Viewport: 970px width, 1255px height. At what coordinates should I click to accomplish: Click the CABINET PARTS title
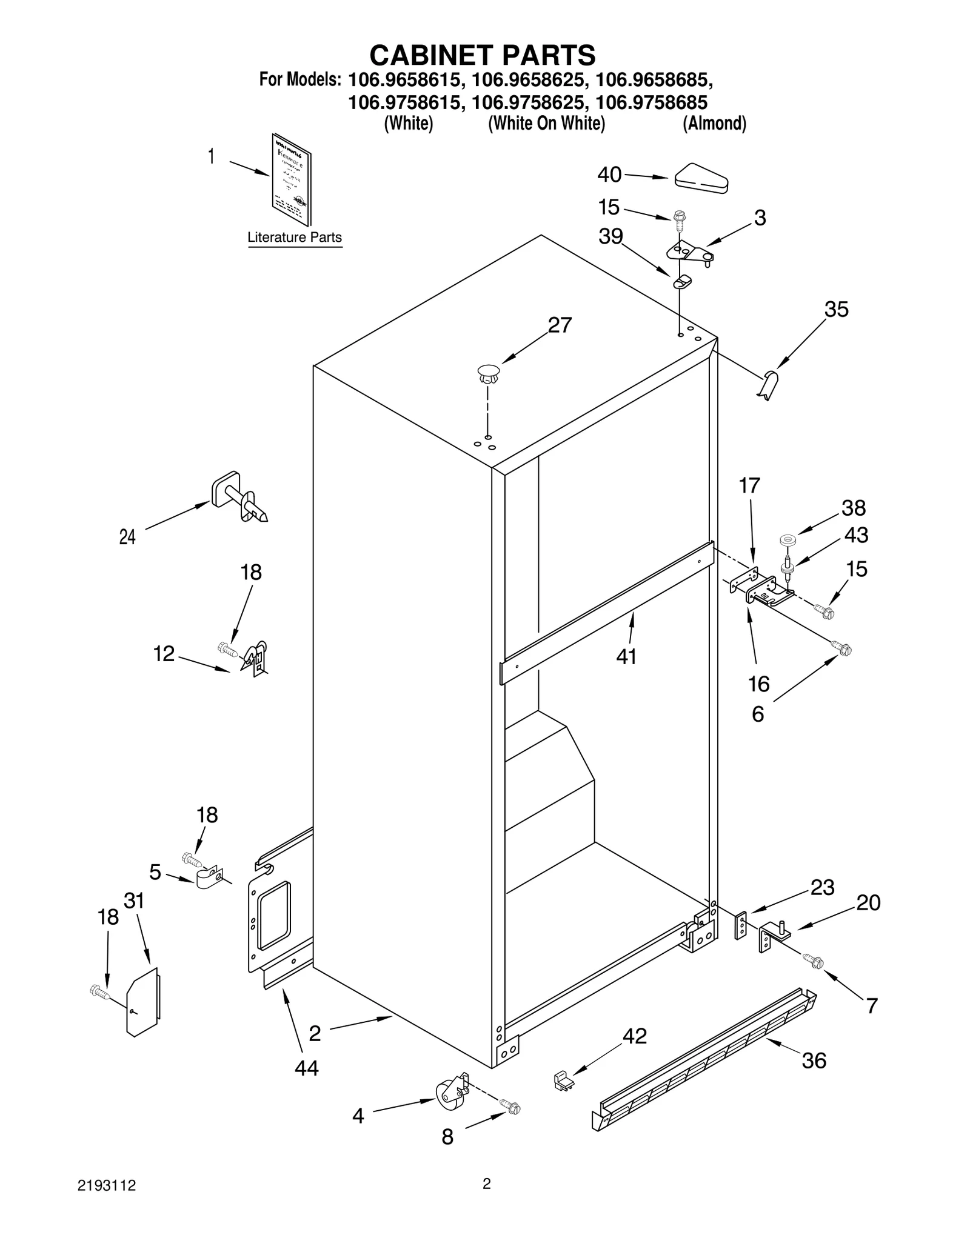click(x=483, y=55)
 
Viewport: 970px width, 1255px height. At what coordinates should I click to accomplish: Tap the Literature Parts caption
click(x=295, y=238)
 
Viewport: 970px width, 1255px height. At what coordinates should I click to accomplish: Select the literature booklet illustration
click(x=292, y=180)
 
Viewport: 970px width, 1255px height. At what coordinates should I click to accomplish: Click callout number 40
click(x=609, y=175)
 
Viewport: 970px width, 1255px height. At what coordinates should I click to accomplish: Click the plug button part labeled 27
click(x=488, y=374)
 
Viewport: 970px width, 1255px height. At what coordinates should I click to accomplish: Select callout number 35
click(x=836, y=310)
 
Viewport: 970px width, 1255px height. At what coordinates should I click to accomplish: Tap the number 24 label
click(x=127, y=537)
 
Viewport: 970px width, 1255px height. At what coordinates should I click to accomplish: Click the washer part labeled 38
click(x=788, y=538)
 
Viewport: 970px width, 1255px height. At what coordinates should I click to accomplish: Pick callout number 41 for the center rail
click(x=626, y=656)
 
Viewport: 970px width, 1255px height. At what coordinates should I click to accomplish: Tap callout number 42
click(x=635, y=1036)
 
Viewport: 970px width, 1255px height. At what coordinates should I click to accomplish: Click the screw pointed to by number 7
click(x=812, y=960)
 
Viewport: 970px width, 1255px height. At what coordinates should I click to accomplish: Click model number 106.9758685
click(x=652, y=102)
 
